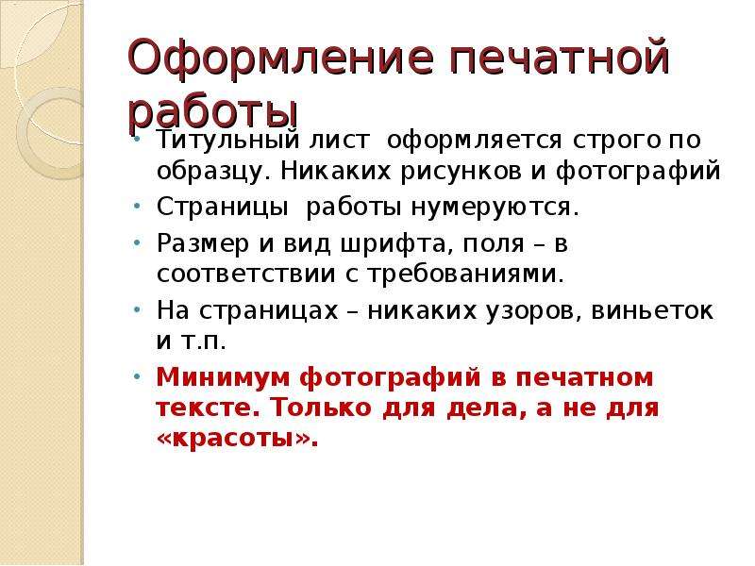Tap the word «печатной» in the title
[560, 58]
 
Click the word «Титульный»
[226, 140]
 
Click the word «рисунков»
[461, 172]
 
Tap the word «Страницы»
[223, 208]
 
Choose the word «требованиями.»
[465, 275]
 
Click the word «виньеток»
[652, 311]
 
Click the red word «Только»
[321, 408]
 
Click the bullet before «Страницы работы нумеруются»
[137, 207]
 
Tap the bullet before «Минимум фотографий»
[137, 375]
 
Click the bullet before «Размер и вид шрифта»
[137, 243]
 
